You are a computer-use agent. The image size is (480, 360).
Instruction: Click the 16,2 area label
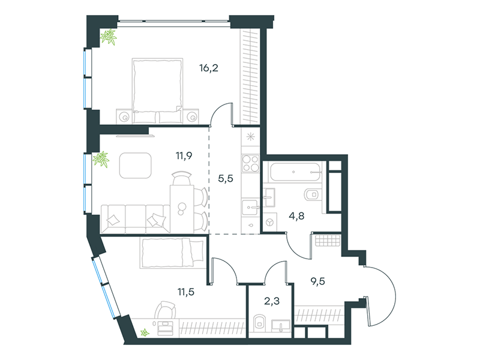click(209, 68)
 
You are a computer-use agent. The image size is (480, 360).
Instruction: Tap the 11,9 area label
click(184, 155)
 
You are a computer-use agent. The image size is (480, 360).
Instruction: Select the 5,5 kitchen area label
click(226, 178)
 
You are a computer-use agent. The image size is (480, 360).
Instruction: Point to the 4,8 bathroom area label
click(296, 216)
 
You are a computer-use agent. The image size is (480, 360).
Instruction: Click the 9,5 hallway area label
click(318, 281)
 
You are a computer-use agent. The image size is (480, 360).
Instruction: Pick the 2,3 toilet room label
click(272, 301)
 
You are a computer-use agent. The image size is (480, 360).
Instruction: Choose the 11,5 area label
click(186, 292)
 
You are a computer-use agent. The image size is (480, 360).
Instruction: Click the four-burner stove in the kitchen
click(250, 163)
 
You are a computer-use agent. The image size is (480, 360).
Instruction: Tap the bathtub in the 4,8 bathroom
click(295, 172)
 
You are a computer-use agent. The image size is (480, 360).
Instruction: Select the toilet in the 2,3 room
click(260, 323)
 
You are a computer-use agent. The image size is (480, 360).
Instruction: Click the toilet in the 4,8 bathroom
click(311, 194)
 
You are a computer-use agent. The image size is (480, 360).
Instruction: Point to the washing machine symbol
click(269, 222)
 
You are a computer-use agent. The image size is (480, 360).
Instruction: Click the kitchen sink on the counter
click(251, 208)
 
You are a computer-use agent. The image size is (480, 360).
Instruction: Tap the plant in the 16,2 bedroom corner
click(109, 37)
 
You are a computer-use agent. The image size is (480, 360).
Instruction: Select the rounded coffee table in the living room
click(136, 166)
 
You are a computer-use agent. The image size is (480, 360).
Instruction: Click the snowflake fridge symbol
click(251, 137)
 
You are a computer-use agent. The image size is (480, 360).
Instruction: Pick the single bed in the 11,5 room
click(172, 253)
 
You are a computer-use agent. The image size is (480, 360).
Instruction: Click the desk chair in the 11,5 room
click(165, 310)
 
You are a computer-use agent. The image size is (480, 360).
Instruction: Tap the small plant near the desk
click(144, 332)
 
